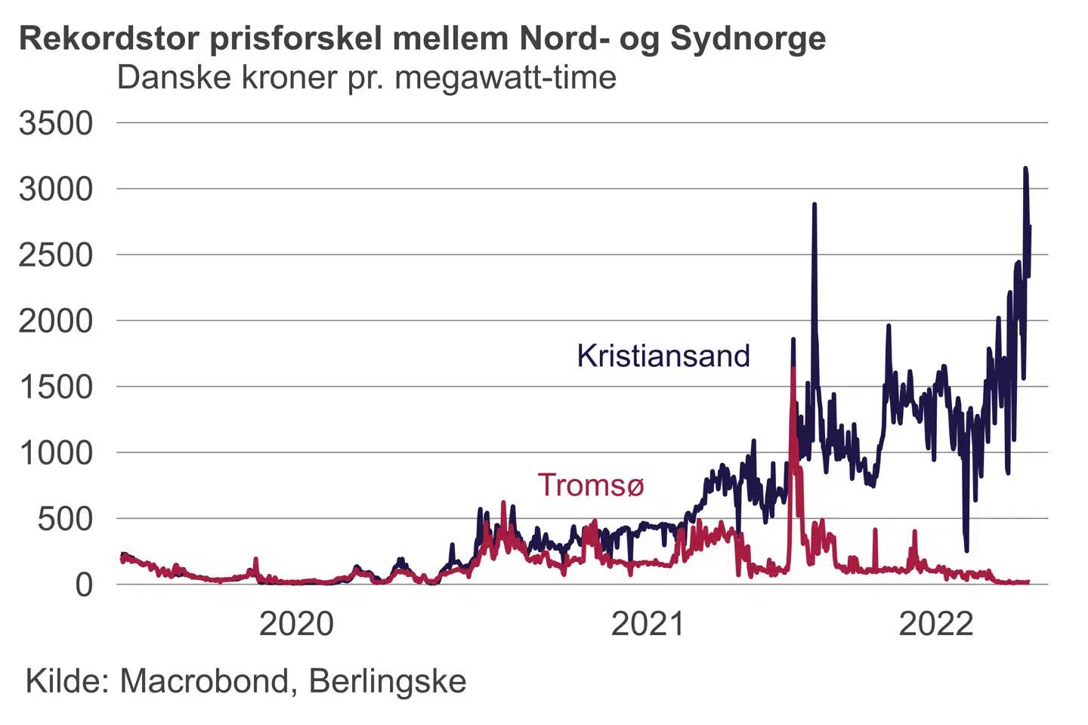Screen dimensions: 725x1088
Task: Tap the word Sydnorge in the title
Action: pos(748,38)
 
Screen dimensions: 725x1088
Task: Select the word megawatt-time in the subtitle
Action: pos(505,78)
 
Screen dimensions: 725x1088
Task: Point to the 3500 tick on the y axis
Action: pos(56,123)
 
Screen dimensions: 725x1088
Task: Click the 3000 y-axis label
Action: pos(56,189)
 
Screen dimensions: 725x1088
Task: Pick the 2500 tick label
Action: pos(56,255)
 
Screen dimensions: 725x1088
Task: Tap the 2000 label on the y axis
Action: pos(56,321)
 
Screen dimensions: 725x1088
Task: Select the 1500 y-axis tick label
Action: pos(56,387)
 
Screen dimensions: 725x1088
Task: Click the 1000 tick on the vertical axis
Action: pos(56,453)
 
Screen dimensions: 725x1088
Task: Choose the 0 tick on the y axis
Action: pos(84,585)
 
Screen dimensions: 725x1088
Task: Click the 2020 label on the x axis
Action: pos(296,625)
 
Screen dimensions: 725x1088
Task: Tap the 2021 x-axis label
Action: pos(648,625)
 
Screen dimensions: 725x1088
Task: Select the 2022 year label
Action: pos(936,625)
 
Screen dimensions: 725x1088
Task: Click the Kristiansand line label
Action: pos(663,356)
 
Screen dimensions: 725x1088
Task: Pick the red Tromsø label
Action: pos(590,485)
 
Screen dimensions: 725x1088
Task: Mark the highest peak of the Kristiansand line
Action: pos(1025,169)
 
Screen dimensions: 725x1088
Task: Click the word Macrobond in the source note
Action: pos(204,681)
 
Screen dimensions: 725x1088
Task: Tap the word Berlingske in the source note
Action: pos(388,681)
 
